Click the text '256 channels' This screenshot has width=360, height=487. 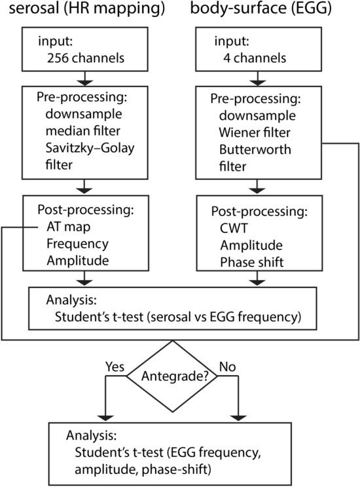[86, 58]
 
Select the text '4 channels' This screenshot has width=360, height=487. [255, 58]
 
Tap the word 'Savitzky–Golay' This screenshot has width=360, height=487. [90, 149]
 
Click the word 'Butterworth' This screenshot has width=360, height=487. [255, 150]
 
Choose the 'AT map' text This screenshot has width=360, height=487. [68, 227]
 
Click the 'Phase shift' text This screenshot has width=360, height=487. [251, 262]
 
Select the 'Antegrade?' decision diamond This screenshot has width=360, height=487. [172, 376]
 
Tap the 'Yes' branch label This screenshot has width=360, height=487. [115, 367]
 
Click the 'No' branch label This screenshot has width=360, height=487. [227, 367]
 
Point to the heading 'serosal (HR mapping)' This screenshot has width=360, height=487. [86, 9]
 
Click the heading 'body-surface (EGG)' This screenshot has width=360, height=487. [261, 9]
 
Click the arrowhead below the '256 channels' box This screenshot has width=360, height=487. [85, 82]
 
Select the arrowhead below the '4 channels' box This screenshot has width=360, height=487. [257, 82]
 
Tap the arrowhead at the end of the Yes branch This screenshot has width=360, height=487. [105, 418]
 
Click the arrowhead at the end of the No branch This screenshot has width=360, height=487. [238, 418]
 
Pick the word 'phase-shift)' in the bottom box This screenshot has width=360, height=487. [177, 469]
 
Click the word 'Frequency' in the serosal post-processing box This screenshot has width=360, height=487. [78, 244]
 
